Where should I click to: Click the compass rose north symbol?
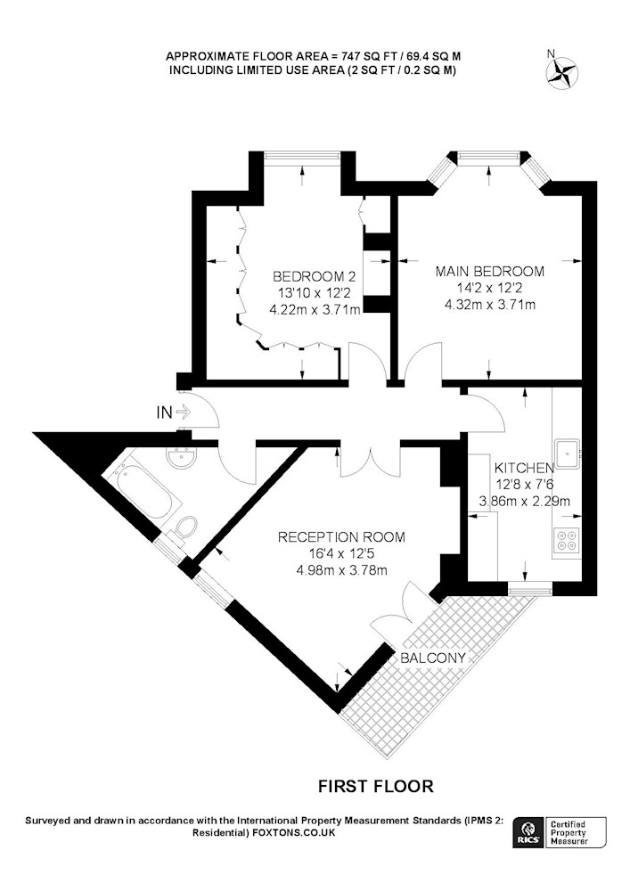[562, 72]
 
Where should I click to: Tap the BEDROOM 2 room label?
[315, 277]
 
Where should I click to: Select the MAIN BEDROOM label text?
[490, 271]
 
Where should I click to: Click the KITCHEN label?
[524, 468]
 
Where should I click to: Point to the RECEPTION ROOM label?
[341, 537]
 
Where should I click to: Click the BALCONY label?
[433, 658]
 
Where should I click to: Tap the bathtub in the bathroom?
[142, 491]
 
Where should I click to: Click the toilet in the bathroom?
[184, 529]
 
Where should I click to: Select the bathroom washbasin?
[182, 457]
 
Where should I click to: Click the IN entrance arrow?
[183, 412]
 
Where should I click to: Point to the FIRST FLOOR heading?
[375, 787]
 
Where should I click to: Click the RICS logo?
[528, 833]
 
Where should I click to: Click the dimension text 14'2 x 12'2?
[490, 288]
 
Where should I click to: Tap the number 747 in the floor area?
[350, 56]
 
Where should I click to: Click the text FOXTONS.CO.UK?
[293, 833]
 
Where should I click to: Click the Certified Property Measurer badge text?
[569, 833]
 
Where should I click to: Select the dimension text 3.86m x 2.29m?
[524, 501]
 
